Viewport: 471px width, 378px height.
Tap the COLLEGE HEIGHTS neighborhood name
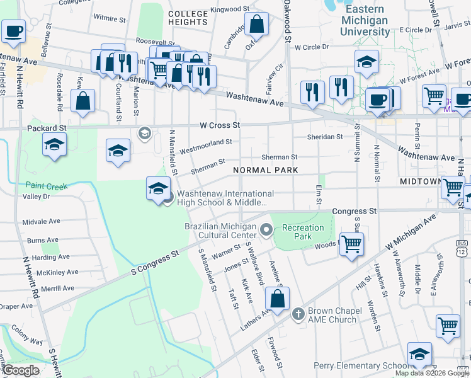pos(188,18)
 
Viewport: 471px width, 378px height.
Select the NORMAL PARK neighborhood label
pos(264,170)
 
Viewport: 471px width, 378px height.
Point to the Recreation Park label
pos(297,232)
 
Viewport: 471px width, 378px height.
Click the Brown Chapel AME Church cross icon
pos(299,313)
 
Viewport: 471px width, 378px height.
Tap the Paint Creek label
pos(47,186)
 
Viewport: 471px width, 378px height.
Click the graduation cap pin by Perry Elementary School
pos(419,354)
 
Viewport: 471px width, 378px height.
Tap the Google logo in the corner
pos(21,370)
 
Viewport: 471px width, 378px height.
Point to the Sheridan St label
pos(325,136)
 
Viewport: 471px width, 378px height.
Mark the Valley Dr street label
pos(36,197)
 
